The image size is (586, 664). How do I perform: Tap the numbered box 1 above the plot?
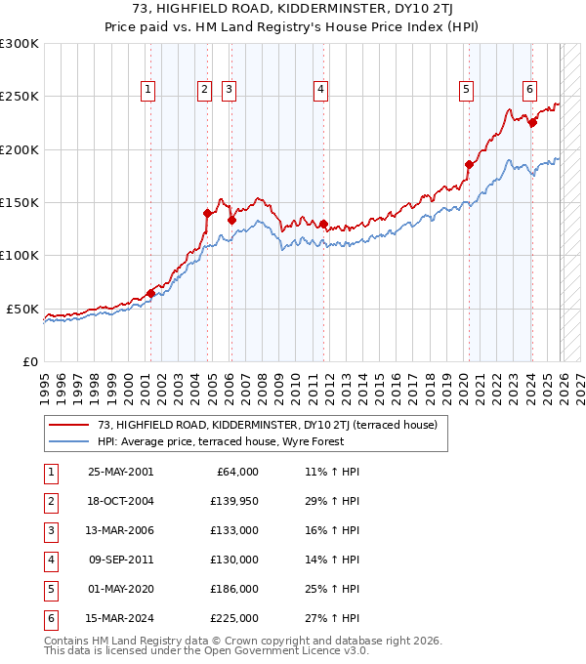pyautogui.click(x=147, y=90)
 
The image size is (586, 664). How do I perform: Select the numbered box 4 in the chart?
pyautogui.click(x=320, y=90)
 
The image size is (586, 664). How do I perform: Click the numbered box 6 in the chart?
pyautogui.click(x=529, y=90)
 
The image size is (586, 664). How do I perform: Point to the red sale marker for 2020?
pyautogui.click(x=469, y=164)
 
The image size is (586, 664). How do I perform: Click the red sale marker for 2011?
pyautogui.click(x=323, y=224)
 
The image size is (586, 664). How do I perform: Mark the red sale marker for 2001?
pyautogui.click(x=150, y=293)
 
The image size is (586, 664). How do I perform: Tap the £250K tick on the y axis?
pyautogui.click(x=20, y=97)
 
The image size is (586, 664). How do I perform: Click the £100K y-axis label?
pyautogui.click(x=20, y=255)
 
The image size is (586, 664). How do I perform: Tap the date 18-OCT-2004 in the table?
pyautogui.click(x=120, y=501)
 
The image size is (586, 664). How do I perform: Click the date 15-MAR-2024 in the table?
pyautogui.click(x=120, y=619)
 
